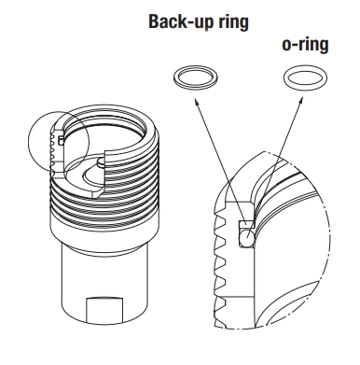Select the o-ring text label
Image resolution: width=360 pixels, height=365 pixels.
(305, 45)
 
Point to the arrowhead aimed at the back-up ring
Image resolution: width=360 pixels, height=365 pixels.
(197, 102)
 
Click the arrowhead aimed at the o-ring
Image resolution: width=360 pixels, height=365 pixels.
(300, 101)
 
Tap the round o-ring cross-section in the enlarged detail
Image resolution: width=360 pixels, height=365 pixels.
(248, 233)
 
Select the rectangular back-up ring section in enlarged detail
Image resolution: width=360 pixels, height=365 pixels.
(245, 223)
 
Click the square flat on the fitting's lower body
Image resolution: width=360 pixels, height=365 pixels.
(104, 310)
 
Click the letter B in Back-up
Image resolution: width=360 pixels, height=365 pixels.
(154, 21)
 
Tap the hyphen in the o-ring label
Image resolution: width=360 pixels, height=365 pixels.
(295, 46)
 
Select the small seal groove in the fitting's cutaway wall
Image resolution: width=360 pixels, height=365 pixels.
(61, 139)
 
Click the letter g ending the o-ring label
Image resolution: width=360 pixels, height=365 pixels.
(323, 47)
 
